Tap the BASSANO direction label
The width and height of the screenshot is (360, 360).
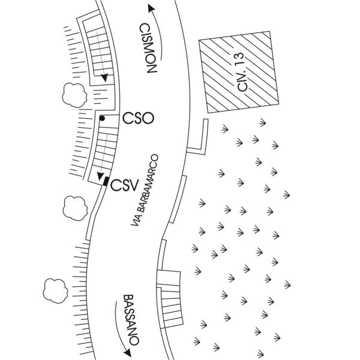click(131, 319)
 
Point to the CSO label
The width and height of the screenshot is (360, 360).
click(138, 118)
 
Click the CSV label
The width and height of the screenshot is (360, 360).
click(125, 184)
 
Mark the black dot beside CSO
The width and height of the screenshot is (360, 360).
click(103, 118)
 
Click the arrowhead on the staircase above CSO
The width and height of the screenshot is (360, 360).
click(104, 78)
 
